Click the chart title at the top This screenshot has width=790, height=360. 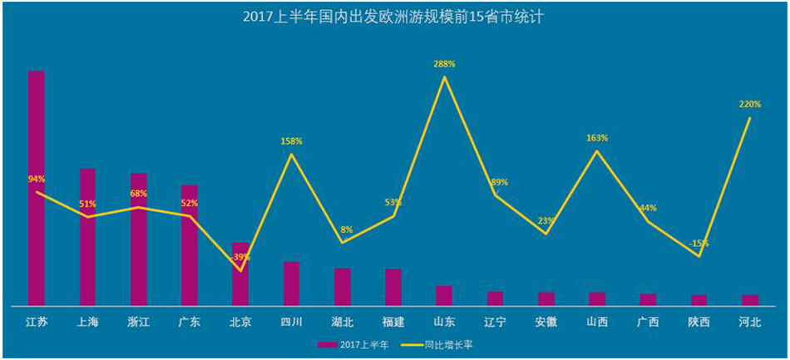coord(394,17)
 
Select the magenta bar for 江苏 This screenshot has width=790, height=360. coord(37,188)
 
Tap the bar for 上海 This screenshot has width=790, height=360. coord(87,237)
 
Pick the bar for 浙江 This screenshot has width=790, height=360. coord(138,239)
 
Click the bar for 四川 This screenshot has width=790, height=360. coord(291,284)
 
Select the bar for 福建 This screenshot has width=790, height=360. coord(393,287)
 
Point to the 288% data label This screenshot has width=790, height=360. coord(444,63)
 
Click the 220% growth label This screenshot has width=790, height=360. coord(749,104)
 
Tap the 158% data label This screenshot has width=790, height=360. coord(291,141)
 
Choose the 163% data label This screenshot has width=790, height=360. coord(596,138)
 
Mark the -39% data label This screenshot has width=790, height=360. coord(240,257)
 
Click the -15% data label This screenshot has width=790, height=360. coord(699,244)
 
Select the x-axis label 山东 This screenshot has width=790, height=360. coord(444,323)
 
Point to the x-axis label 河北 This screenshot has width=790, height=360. coord(749,323)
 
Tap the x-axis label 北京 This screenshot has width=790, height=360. coord(240,323)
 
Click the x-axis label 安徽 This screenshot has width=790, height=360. coord(546,323)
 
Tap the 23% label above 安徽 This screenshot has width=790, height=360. coord(546,221)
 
